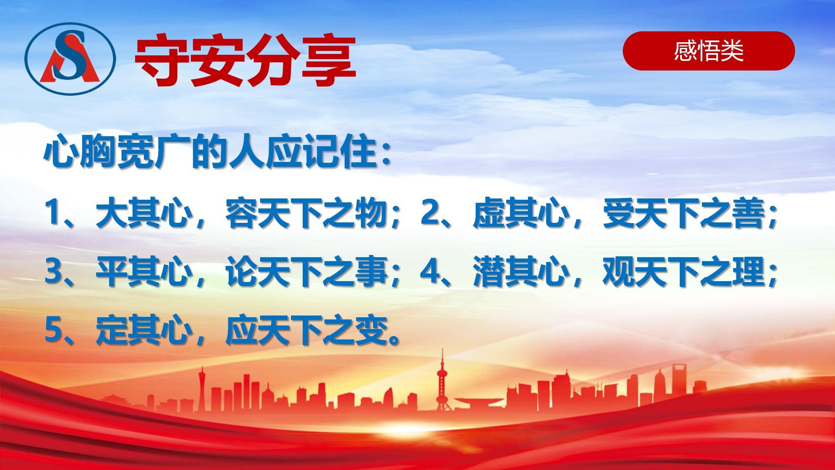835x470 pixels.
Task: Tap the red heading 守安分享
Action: click(245, 61)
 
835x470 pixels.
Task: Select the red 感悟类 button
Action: click(709, 51)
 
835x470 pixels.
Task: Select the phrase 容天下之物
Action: click(306, 214)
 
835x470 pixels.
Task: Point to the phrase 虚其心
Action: click(521, 214)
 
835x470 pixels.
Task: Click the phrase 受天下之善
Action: click(683, 214)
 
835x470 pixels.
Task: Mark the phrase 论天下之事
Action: click(306, 272)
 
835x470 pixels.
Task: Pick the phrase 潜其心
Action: click(521, 272)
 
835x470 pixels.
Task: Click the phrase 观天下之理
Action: click(683, 272)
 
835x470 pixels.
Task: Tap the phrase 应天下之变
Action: click(306, 330)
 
